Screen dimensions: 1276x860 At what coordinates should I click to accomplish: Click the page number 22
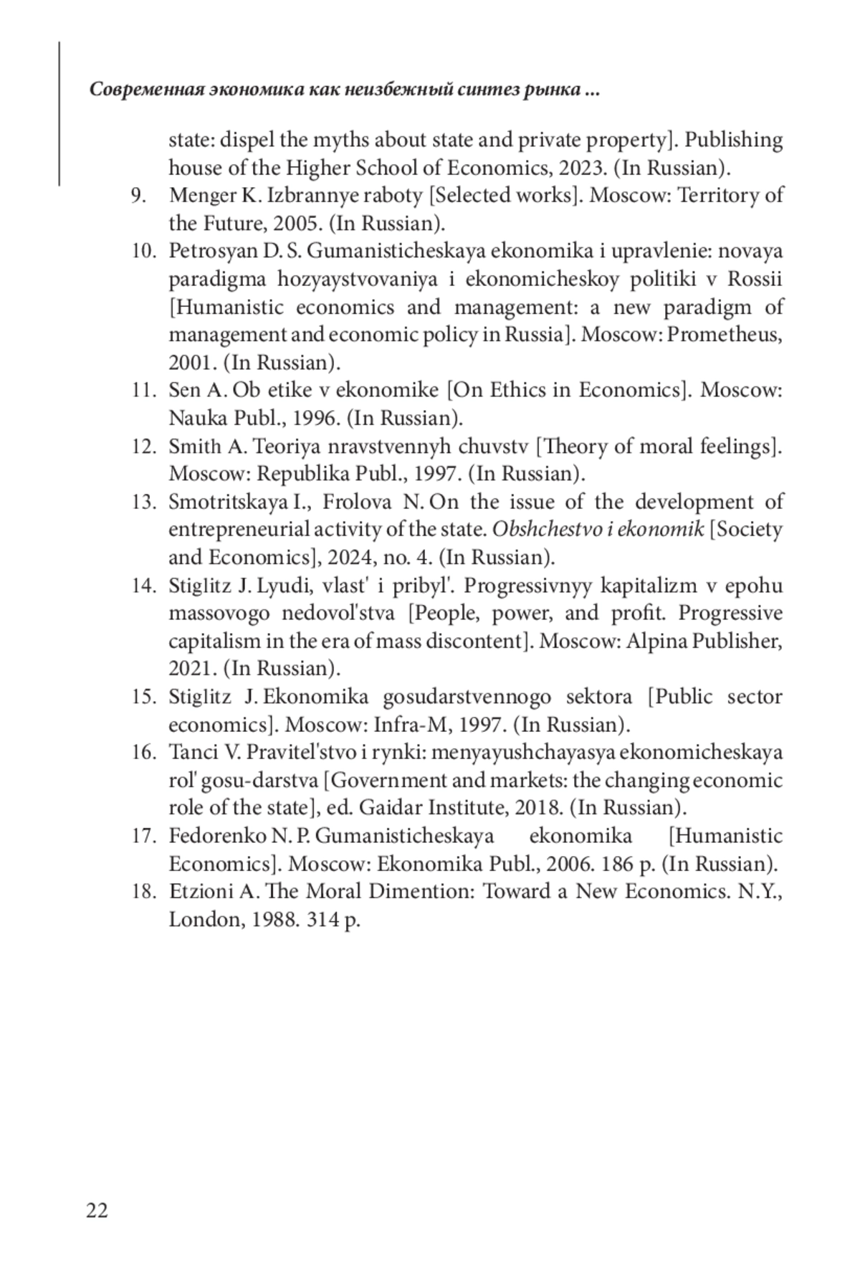coord(97,1211)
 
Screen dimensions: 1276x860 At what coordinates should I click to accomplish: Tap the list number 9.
coord(138,196)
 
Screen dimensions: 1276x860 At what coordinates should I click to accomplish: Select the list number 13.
coord(144,502)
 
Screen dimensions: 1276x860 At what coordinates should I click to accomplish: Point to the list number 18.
coord(144,892)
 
